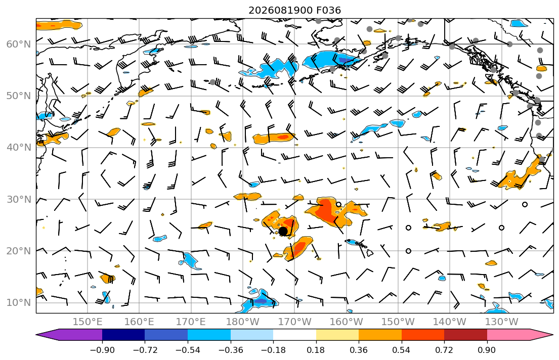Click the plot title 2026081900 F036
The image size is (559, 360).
(x=294, y=10)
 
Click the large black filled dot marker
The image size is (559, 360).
(x=283, y=231)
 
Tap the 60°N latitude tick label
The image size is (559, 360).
(x=19, y=44)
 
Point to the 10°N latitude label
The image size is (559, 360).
(x=19, y=303)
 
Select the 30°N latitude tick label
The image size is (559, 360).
(x=19, y=199)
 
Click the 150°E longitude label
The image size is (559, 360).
(x=88, y=322)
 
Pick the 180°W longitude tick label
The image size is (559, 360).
(x=243, y=322)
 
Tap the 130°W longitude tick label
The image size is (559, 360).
(x=502, y=322)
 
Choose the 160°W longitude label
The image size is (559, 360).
(x=346, y=322)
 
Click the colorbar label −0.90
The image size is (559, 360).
(x=102, y=350)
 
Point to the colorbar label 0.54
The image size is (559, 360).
(x=402, y=350)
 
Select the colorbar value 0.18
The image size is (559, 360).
(x=316, y=350)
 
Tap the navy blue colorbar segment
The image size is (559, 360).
(x=123, y=335)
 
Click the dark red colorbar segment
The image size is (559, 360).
(x=465, y=335)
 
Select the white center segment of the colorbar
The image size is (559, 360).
(x=294, y=335)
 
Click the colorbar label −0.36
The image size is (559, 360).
(x=231, y=350)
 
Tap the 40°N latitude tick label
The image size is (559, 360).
(x=19, y=148)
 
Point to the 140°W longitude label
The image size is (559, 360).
(x=450, y=322)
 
